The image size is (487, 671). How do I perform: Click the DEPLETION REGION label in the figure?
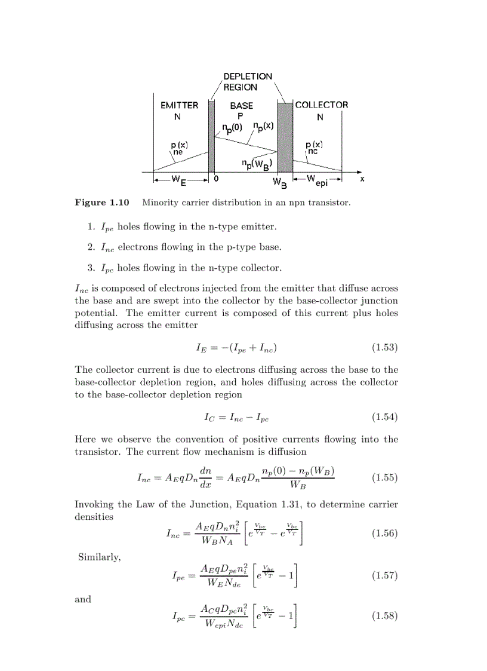247,82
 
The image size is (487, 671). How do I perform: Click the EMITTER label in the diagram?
179,105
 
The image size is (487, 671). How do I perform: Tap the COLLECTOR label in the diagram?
322,105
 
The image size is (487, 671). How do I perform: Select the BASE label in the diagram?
242,105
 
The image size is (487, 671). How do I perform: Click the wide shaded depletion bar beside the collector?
285,137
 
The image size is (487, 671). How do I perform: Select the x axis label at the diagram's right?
362,178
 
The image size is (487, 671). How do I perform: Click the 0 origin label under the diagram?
215,178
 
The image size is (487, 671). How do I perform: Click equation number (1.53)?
384,347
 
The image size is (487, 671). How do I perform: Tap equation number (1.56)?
384,534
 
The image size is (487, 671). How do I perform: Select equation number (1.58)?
384,616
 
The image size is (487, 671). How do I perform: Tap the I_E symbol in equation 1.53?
201,348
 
